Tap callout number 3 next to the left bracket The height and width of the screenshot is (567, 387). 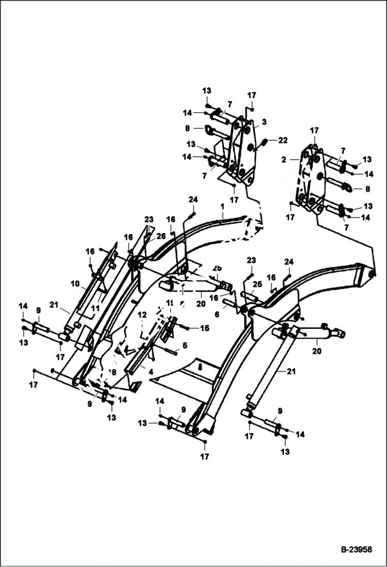pos(264,122)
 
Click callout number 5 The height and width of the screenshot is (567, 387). pos(184,345)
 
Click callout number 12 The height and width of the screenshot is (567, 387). pos(142,314)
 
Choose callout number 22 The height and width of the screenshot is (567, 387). pos(282,141)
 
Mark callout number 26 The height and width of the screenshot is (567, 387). pos(161,236)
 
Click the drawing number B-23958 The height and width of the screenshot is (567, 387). pos(356,550)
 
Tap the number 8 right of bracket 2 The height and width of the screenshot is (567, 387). pos(367,189)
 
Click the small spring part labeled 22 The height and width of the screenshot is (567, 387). pos(265,141)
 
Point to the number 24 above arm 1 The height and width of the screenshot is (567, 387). pos(193,200)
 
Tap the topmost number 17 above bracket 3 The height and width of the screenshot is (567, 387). pos(251,96)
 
